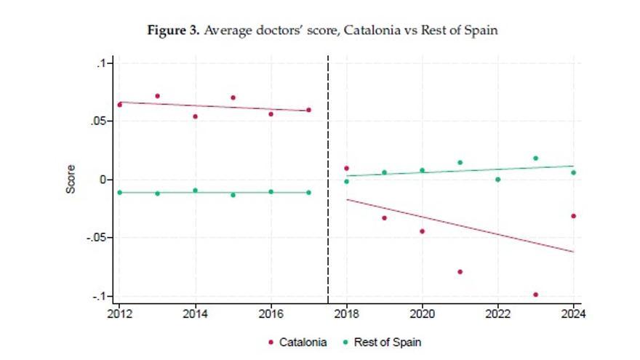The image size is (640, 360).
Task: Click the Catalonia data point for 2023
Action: (535, 295)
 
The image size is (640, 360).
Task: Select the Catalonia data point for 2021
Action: (460, 272)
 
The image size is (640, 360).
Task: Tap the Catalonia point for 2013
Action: (157, 96)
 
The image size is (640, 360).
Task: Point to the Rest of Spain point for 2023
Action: (535, 158)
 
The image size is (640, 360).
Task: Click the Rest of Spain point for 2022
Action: (497, 180)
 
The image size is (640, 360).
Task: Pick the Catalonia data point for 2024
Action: (573, 216)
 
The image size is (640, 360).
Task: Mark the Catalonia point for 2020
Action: (422, 231)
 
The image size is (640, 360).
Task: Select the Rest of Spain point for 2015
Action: (233, 195)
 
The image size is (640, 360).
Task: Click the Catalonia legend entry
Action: (298, 342)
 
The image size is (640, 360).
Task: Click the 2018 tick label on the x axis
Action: (346, 315)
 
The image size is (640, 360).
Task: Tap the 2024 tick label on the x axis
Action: (573, 315)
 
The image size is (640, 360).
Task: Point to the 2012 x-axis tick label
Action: (119, 315)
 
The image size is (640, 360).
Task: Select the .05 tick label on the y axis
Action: (97, 121)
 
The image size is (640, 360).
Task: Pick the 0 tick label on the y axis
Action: (103, 180)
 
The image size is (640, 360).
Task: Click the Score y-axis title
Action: (71, 180)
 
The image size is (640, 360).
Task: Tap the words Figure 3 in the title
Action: (173, 31)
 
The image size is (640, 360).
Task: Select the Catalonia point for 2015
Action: (233, 97)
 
